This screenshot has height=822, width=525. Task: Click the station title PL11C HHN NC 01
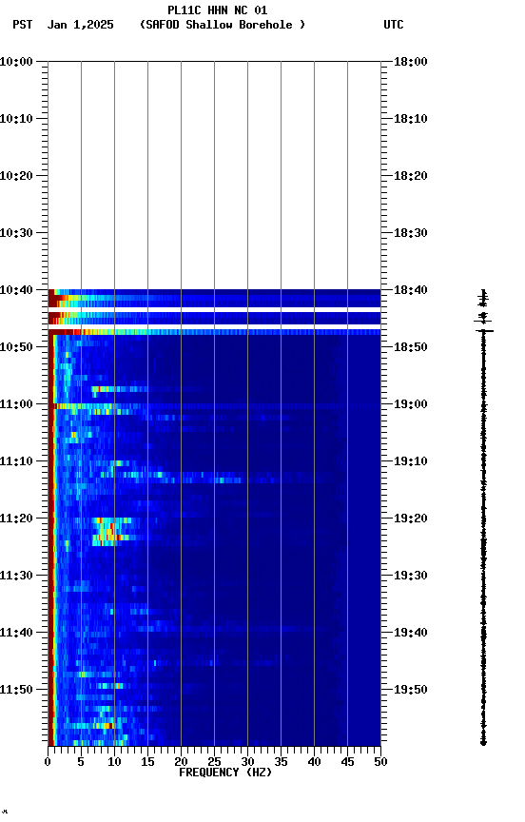click(217, 10)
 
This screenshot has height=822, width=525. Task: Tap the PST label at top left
click(23, 25)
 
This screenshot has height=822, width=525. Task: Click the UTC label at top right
click(393, 25)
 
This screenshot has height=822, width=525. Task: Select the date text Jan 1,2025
click(81, 25)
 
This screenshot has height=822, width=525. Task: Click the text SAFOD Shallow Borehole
click(222, 25)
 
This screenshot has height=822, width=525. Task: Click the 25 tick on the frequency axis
click(214, 762)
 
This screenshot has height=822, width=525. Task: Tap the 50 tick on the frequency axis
click(380, 762)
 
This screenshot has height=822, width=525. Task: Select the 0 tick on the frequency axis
click(48, 762)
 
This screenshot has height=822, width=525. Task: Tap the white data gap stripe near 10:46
click(214, 326)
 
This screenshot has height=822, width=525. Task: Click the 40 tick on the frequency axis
click(314, 762)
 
